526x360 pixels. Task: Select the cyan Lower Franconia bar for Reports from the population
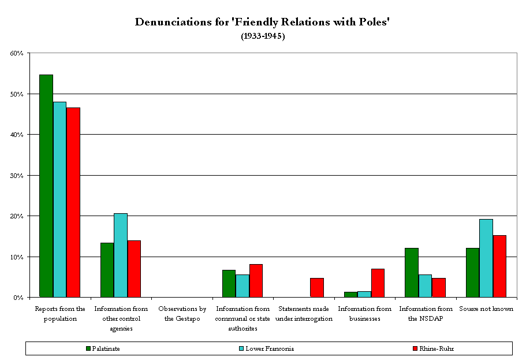coord(59,199)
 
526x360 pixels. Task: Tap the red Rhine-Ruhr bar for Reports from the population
coord(73,202)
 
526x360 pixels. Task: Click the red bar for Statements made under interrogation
coord(317,288)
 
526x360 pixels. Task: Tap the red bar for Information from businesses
coord(378,283)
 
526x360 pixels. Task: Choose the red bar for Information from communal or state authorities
coord(256,281)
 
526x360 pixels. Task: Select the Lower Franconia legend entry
coord(266,348)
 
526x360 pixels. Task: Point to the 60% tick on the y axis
coord(17,53)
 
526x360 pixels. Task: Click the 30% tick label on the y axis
coord(17,175)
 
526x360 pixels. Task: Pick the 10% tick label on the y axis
coord(17,257)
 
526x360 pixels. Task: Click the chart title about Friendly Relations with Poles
coord(263,23)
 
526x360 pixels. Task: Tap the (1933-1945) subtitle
coord(263,36)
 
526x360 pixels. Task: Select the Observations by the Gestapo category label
coord(182,313)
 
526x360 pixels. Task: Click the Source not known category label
coord(486,309)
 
